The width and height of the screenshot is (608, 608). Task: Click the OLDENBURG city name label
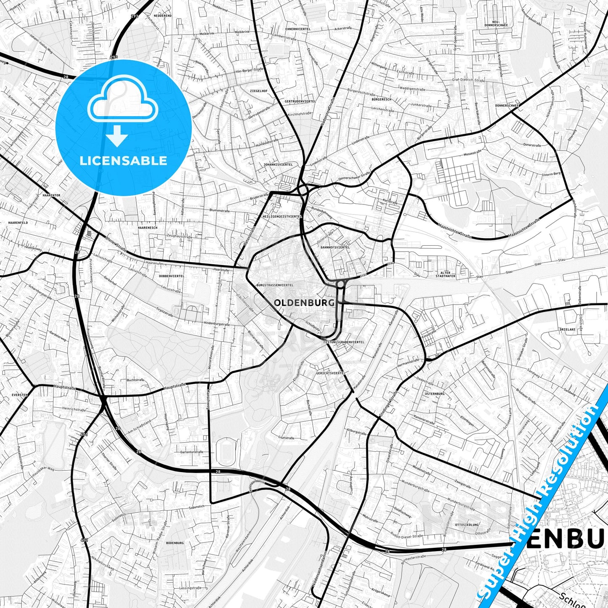point(304,303)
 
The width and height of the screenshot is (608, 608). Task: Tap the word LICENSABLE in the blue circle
point(123,161)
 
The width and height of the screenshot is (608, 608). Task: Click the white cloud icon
point(122,101)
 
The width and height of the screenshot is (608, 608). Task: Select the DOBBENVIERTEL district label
point(172,276)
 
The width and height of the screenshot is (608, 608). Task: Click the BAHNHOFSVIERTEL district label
point(335,248)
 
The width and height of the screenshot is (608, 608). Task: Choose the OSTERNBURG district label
point(435,394)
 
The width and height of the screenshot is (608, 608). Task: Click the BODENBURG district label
point(175,543)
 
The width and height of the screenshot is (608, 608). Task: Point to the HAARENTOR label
point(51,195)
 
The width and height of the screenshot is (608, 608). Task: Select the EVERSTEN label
point(20,395)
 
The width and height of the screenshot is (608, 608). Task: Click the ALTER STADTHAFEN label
point(446,275)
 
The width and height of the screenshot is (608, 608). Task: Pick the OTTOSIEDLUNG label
point(467,525)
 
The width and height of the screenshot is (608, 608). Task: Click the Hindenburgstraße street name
point(216,324)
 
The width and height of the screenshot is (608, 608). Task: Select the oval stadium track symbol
point(226,452)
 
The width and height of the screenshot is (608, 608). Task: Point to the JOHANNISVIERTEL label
point(278,164)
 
